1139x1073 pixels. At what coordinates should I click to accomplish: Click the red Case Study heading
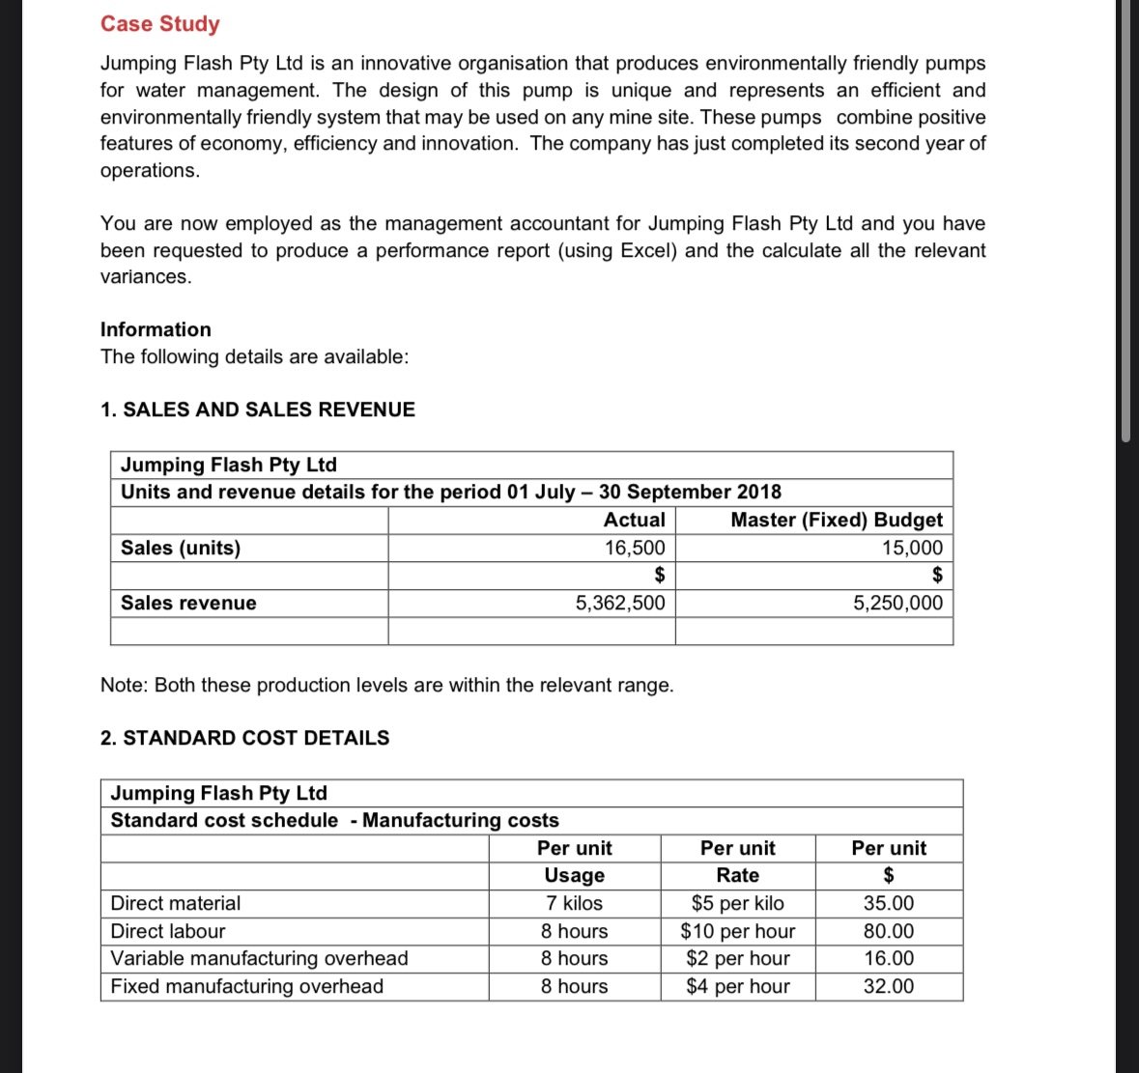[160, 24]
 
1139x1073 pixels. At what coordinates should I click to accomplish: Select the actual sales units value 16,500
[634, 548]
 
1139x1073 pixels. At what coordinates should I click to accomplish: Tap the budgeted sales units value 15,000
[911, 548]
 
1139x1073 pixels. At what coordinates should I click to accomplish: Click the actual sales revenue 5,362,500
[619, 603]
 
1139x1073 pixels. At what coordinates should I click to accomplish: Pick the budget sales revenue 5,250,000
[897, 603]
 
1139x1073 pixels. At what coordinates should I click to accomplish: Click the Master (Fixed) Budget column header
[836, 520]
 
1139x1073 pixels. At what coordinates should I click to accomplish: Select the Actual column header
[634, 520]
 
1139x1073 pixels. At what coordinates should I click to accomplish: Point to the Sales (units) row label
[181, 548]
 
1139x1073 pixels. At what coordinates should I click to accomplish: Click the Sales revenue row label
[188, 603]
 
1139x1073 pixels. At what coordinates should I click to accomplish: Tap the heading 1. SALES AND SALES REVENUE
[258, 409]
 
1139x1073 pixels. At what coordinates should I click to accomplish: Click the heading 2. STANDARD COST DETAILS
[245, 738]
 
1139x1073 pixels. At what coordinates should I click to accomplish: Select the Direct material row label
[176, 903]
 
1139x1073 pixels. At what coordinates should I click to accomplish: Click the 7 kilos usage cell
[574, 903]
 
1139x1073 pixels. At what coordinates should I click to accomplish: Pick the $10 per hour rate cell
[737, 931]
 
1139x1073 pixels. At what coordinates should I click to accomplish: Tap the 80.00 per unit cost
[888, 931]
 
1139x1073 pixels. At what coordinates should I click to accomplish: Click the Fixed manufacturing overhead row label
[247, 986]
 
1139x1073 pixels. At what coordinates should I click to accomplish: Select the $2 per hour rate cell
[737, 958]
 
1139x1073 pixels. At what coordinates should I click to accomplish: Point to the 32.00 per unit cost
[888, 986]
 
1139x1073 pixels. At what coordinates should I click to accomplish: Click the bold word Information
[156, 329]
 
